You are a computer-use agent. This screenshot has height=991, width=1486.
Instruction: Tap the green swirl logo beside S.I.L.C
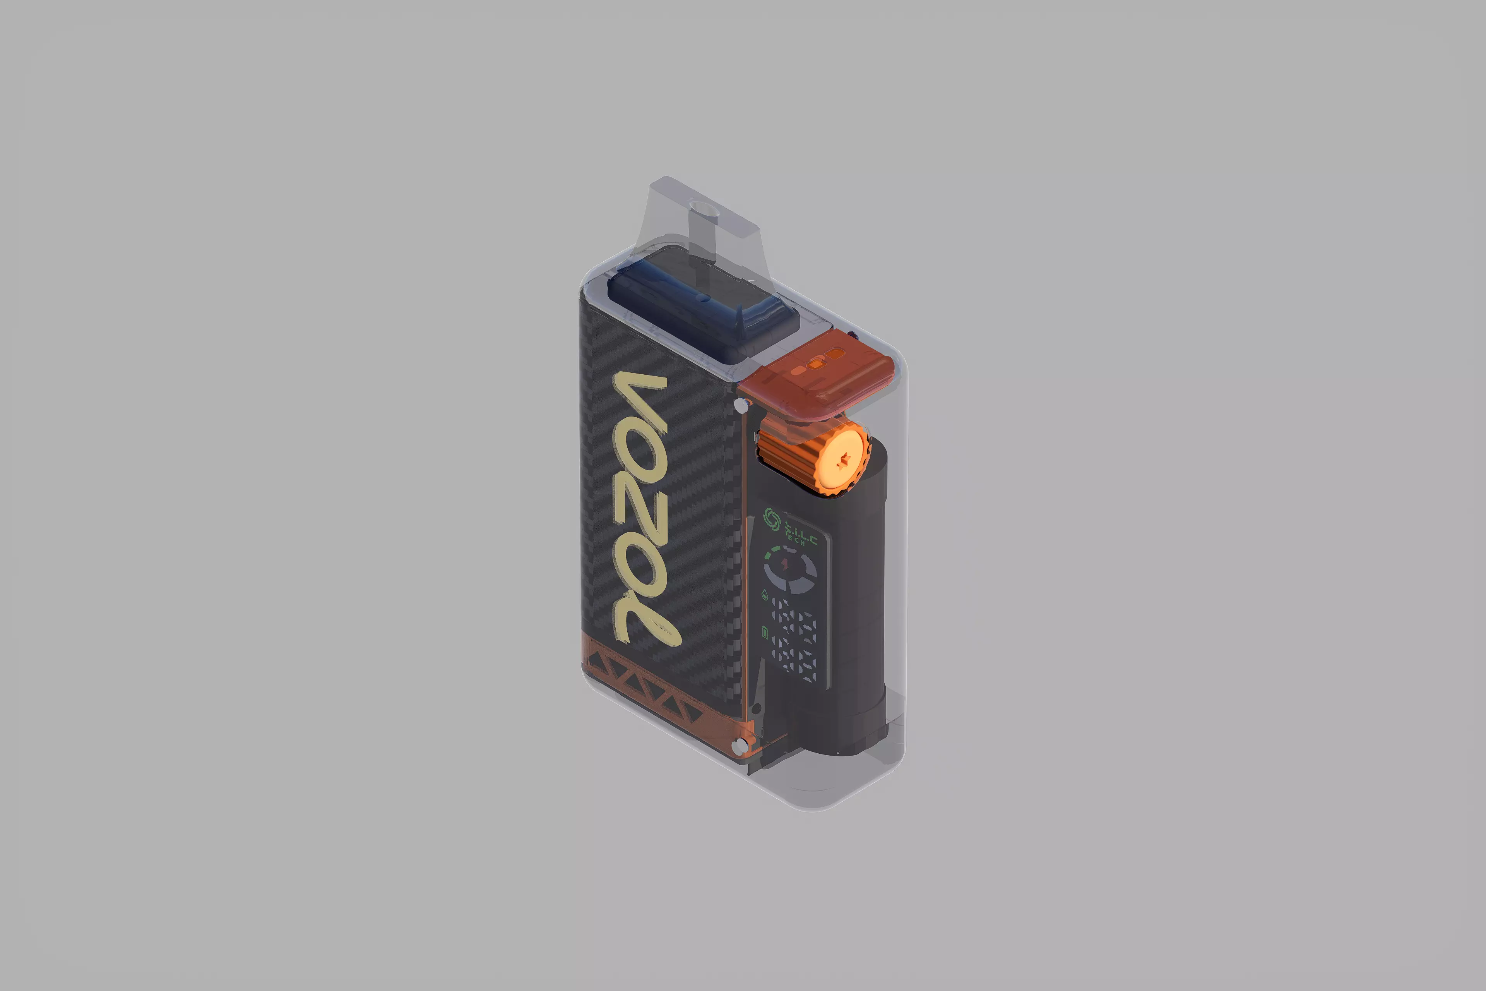[771, 518]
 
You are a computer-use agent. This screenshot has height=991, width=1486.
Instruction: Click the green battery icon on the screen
[765, 633]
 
